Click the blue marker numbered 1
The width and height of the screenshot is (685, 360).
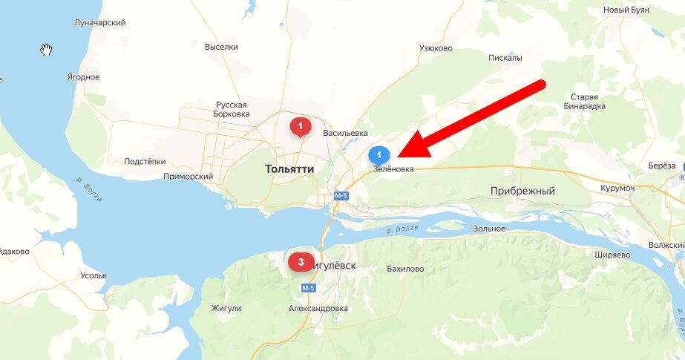[378, 155]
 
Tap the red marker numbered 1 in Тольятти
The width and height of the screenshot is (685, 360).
[300, 128]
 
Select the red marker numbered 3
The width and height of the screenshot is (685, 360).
[301, 261]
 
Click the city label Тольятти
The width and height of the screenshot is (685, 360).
[289, 169]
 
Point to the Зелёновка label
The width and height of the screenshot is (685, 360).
[393, 169]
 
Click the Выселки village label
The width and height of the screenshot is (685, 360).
[221, 47]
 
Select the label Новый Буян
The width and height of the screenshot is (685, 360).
[626, 10]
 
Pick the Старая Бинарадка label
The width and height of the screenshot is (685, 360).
[590, 102]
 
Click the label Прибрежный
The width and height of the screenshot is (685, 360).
[522, 192]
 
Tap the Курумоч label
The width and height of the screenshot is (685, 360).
[619, 188]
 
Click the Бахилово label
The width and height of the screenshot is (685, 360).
[406, 269]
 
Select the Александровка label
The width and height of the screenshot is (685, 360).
[318, 308]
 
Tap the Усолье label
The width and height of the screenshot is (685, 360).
[94, 276]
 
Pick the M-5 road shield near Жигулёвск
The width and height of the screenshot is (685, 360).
[308, 287]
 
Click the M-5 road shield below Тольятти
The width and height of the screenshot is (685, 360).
[341, 196]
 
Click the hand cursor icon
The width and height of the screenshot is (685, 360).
[46, 50]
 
